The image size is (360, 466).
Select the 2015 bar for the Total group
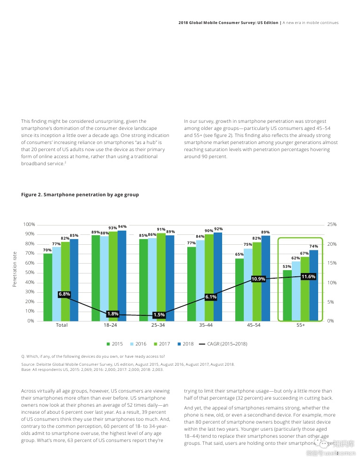48,287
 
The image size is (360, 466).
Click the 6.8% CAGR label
64,294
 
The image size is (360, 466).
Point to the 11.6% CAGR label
308,276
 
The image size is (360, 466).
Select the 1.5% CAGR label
159,314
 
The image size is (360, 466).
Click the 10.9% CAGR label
258,279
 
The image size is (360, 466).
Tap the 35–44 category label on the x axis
205,325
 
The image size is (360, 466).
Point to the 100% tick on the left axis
29,225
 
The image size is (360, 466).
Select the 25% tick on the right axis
331,225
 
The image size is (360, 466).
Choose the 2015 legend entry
114,344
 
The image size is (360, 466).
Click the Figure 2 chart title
80,194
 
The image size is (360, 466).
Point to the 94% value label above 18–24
122,226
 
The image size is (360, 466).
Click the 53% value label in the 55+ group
287,266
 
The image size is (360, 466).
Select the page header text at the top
258,23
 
